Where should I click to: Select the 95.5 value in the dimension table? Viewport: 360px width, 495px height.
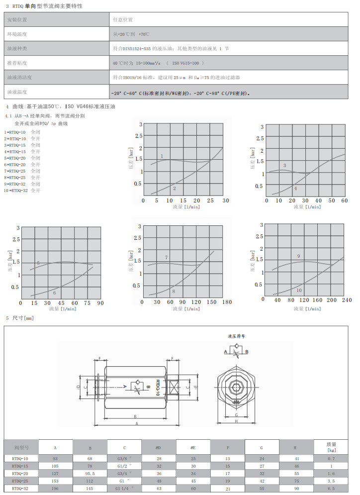coord(90,474)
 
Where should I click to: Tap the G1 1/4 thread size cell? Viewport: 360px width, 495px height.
coord(124,489)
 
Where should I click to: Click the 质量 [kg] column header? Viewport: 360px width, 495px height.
coord(331,447)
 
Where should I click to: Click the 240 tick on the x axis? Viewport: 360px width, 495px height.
coord(347,300)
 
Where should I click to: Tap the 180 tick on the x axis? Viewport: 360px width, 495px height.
coord(227,301)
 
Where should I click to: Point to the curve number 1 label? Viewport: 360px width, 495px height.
coord(162,156)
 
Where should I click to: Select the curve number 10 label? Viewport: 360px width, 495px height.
coord(299,290)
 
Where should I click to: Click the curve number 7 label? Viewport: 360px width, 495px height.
coord(167,257)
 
